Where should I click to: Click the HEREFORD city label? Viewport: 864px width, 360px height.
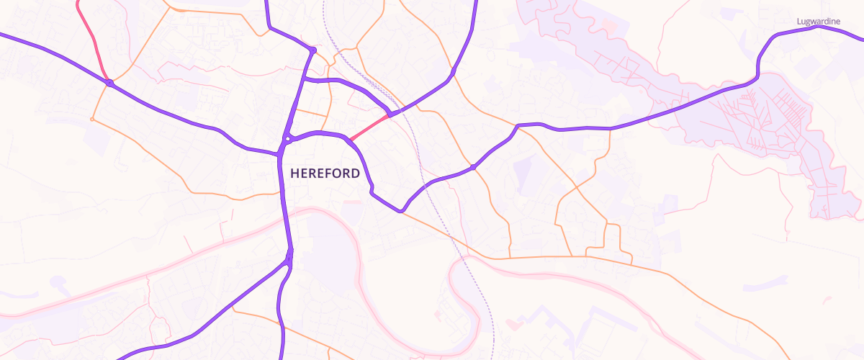(x=325, y=174)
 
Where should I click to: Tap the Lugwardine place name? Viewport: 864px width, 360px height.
(x=819, y=22)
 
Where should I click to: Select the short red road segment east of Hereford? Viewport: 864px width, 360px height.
(x=369, y=127)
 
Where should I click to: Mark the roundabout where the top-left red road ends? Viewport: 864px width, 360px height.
(x=109, y=84)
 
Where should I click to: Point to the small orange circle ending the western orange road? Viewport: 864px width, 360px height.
(x=92, y=119)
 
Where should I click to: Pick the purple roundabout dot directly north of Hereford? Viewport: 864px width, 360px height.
(x=312, y=50)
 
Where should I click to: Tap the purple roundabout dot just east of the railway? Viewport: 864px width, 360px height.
(x=473, y=167)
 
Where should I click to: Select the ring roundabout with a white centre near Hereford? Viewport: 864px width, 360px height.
(x=287, y=138)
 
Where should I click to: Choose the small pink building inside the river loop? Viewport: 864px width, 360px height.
(x=438, y=314)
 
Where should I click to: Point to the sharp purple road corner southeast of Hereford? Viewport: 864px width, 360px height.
(x=400, y=210)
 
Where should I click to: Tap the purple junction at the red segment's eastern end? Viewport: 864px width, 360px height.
(x=390, y=114)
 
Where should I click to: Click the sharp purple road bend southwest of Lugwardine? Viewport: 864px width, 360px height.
(x=758, y=74)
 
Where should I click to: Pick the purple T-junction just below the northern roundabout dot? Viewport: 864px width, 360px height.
(x=305, y=78)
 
